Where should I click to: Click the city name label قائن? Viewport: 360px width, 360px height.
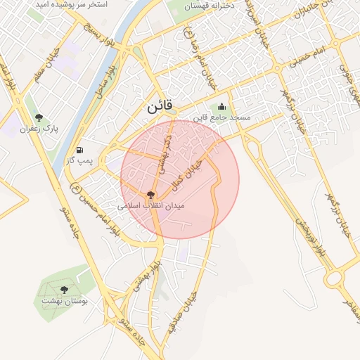click(x=159, y=108)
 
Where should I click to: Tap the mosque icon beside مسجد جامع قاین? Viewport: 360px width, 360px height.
click(x=222, y=106)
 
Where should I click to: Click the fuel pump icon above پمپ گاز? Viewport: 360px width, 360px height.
click(x=79, y=150)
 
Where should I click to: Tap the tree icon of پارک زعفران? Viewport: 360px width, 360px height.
click(x=38, y=117)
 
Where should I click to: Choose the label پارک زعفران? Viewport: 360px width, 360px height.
click(x=38, y=129)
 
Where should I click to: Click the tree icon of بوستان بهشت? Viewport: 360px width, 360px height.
click(x=64, y=289)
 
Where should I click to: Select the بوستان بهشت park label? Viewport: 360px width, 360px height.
click(x=64, y=301)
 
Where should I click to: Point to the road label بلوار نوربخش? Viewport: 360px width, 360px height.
click(x=311, y=232)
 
